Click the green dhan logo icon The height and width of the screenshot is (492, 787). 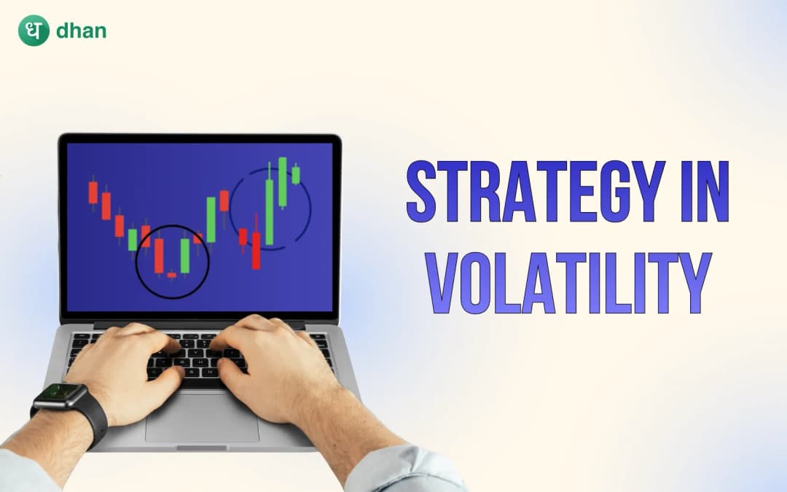click(34, 31)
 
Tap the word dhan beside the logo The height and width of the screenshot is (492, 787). click(82, 31)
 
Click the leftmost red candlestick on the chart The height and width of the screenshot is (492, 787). click(93, 192)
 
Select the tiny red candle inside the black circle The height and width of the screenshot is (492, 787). click(172, 275)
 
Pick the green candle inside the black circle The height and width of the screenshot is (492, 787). click(185, 255)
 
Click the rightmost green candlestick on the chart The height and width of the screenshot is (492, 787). click(296, 175)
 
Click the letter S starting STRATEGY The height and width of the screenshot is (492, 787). click(420, 191)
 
